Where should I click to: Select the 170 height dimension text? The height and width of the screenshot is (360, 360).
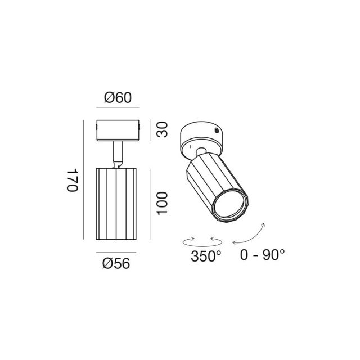point(71,180)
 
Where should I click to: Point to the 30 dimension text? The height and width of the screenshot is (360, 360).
point(162,130)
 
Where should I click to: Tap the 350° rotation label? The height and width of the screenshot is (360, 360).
point(205,257)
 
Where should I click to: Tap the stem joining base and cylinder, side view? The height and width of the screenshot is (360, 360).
point(118,154)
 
